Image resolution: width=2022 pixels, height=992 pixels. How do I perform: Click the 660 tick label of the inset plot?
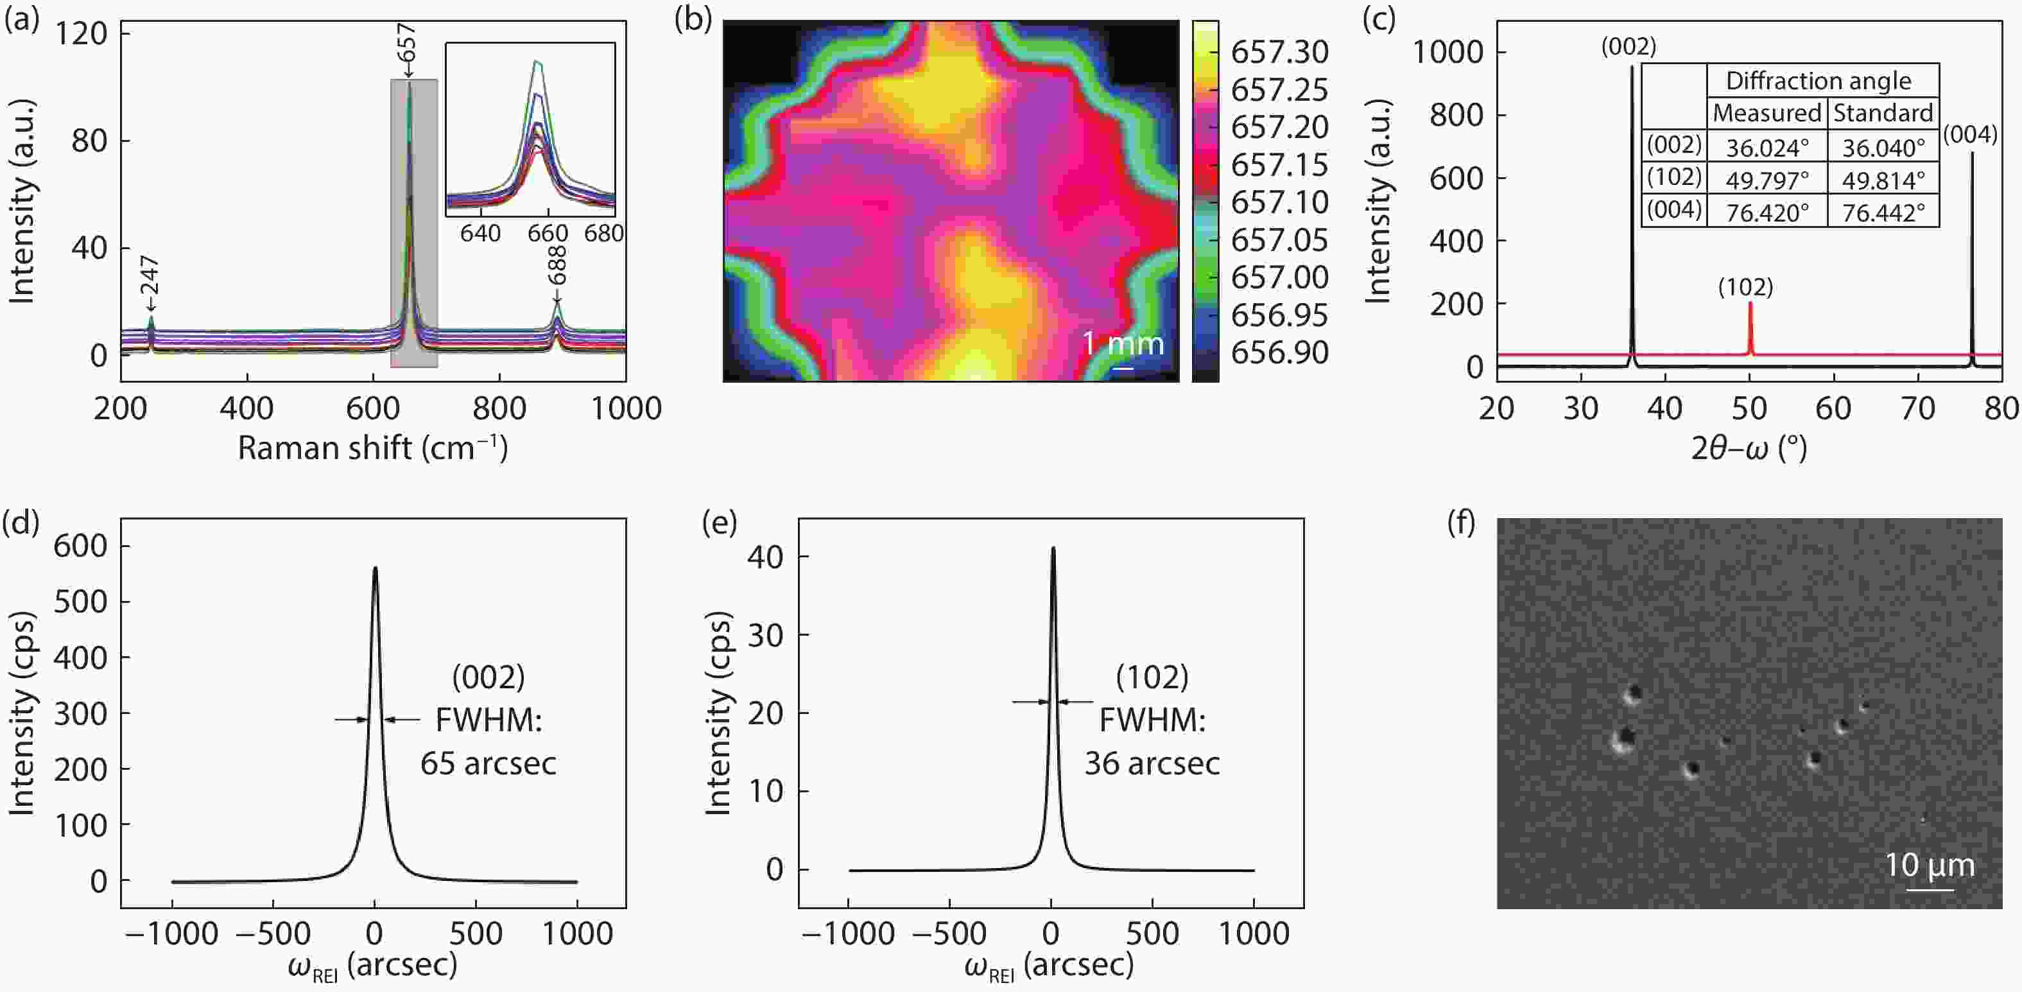[547, 233]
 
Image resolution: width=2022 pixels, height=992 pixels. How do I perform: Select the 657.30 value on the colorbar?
[1279, 53]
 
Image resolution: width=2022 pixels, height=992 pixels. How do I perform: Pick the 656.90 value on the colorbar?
[1279, 352]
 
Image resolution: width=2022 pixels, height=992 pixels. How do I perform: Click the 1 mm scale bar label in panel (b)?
[1123, 344]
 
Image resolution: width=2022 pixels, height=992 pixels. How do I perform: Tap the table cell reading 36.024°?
[1767, 148]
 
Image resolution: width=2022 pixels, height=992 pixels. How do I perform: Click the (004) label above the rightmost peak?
[1970, 135]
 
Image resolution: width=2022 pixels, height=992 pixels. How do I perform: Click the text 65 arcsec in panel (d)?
[488, 763]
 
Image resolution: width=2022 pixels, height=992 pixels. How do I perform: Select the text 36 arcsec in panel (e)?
[1152, 763]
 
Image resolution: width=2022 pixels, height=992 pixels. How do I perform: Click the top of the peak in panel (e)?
[1053, 549]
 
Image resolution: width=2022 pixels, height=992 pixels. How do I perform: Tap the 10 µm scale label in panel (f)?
[1930, 866]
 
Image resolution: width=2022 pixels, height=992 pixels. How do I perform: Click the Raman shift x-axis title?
[373, 448]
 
